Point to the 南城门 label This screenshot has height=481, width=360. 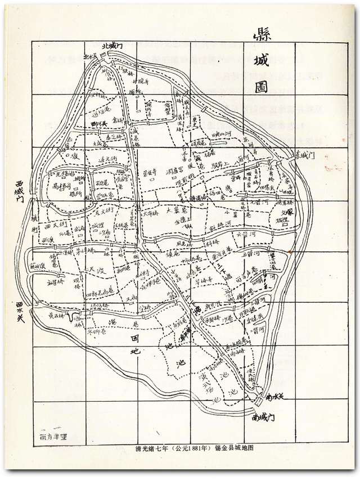point(262,418)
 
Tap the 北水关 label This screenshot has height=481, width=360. point(90,56)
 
